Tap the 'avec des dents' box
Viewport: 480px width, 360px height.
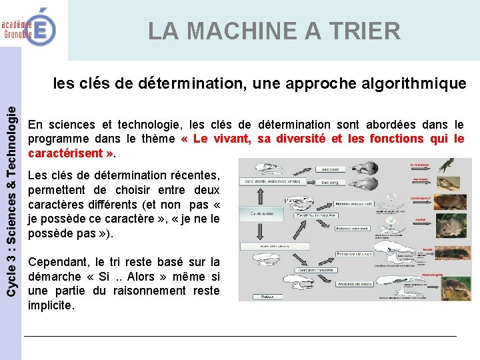point(275,246)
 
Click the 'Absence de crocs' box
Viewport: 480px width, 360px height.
point(355,284)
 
